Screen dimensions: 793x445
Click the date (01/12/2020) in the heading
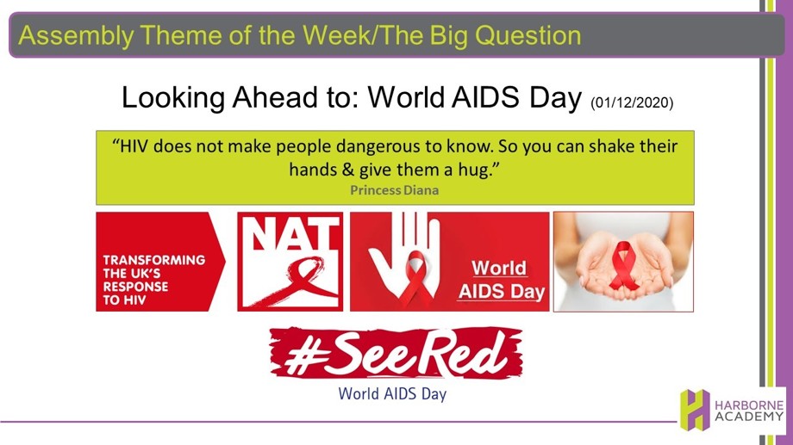632,102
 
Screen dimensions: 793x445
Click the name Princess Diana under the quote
395,190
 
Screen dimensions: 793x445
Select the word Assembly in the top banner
76,36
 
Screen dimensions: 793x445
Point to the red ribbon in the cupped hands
624,265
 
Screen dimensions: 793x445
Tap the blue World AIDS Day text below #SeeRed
392,393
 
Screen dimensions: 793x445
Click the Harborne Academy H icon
695,409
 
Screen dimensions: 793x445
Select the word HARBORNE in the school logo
749,405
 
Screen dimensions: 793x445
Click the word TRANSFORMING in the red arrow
154,260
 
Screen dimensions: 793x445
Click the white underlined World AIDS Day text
501,280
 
